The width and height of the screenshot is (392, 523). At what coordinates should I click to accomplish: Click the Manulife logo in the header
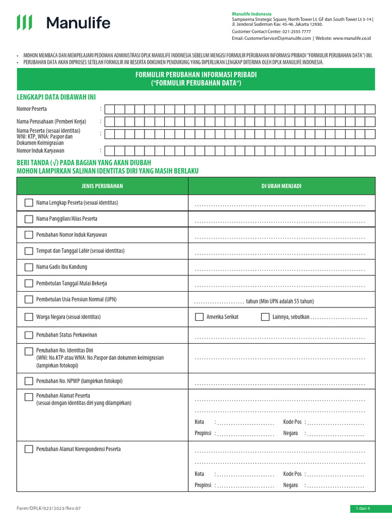63,22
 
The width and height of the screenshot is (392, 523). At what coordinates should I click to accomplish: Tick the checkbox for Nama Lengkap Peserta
29,203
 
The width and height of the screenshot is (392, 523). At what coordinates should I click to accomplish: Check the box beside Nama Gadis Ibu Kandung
29,267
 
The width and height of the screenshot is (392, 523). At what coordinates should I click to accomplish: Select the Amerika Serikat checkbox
199,317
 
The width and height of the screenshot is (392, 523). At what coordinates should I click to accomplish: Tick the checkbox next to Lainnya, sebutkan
265,317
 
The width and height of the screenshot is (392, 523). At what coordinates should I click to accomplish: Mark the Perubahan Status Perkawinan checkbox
29,335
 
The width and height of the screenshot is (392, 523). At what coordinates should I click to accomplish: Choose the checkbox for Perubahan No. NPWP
29,381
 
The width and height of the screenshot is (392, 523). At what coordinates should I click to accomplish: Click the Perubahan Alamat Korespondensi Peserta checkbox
29,449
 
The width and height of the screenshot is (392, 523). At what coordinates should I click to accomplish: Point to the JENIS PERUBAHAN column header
103,186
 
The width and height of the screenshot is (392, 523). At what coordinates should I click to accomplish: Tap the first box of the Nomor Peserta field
109,109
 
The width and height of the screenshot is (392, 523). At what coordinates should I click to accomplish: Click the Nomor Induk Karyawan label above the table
40,151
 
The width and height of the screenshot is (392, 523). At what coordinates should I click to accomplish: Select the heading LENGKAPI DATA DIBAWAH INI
56,97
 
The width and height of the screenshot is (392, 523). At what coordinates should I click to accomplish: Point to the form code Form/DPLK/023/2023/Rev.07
49,508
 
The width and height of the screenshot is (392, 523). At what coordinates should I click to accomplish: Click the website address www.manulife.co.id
352,38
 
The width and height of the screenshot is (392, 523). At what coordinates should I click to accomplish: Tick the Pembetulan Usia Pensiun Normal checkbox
29,299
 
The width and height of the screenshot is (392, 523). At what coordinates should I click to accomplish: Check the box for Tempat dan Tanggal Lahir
29,251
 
